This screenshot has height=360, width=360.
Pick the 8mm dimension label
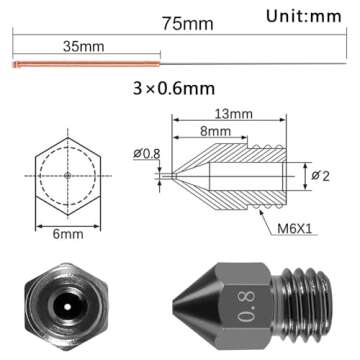[x=211, y=130]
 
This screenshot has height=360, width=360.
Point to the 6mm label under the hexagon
[x=67, y=237]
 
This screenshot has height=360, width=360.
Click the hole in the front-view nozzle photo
[x=67, y=303]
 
